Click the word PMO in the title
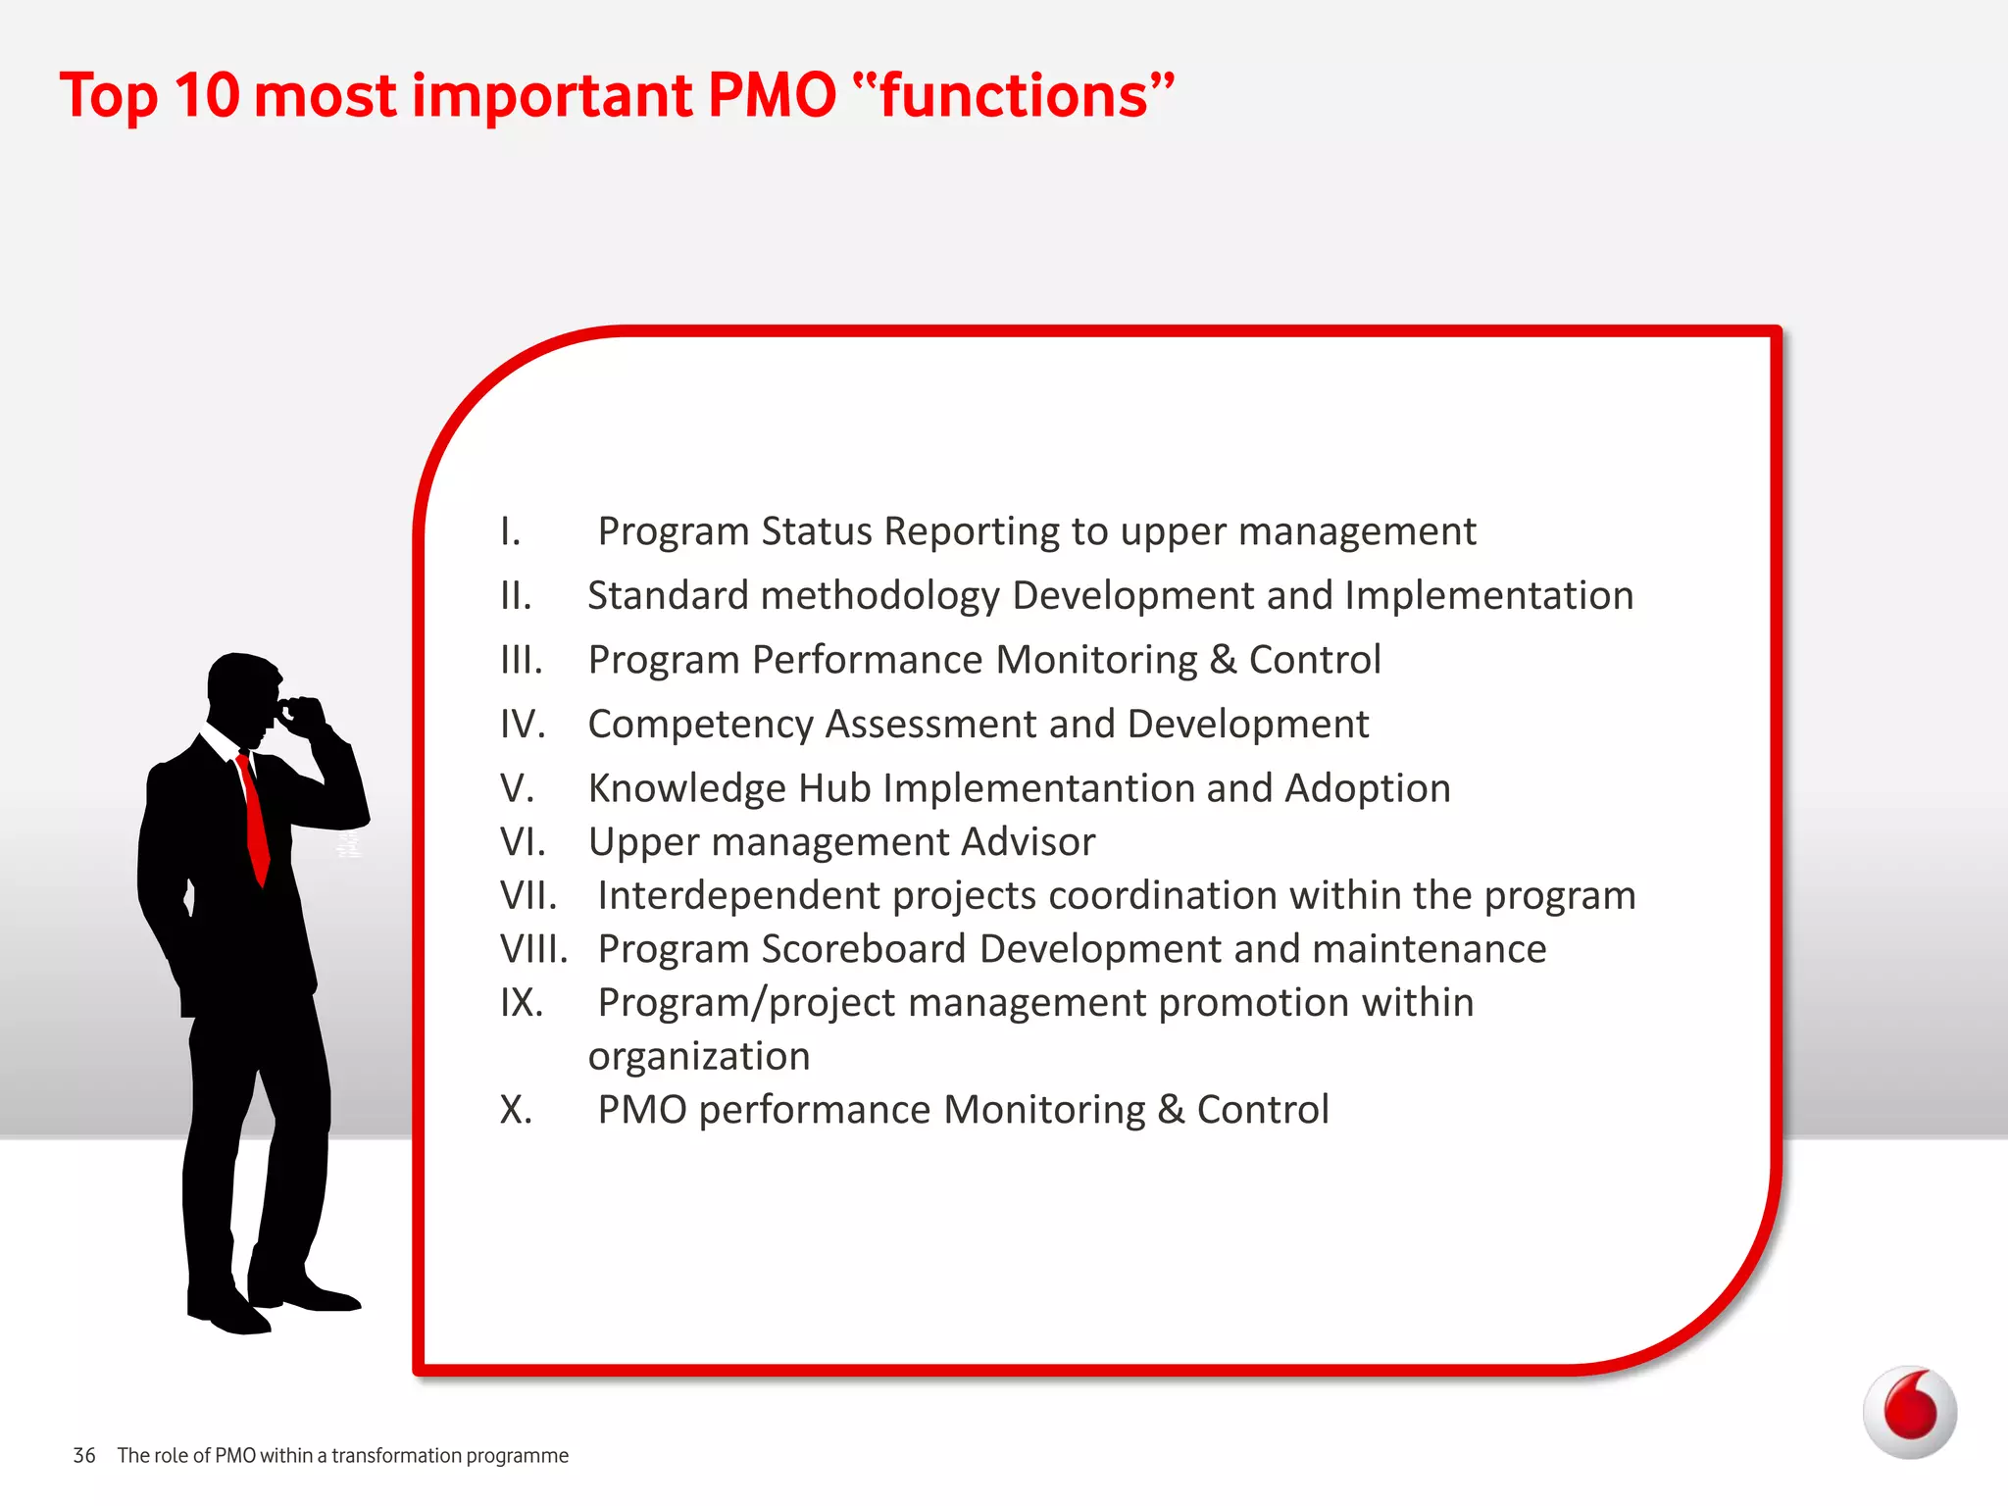coord(772,96)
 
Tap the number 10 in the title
coord(207,96)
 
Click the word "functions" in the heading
coord(1014,96)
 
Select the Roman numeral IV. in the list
coord(522,725)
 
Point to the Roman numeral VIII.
coord(533,949)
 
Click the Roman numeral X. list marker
coord(516,1110)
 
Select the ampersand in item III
coord(1223,660)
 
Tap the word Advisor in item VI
coord(1028,842)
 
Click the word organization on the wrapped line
coord(699,1057)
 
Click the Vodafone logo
coord(1909,1412)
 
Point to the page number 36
coord(84,1456)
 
